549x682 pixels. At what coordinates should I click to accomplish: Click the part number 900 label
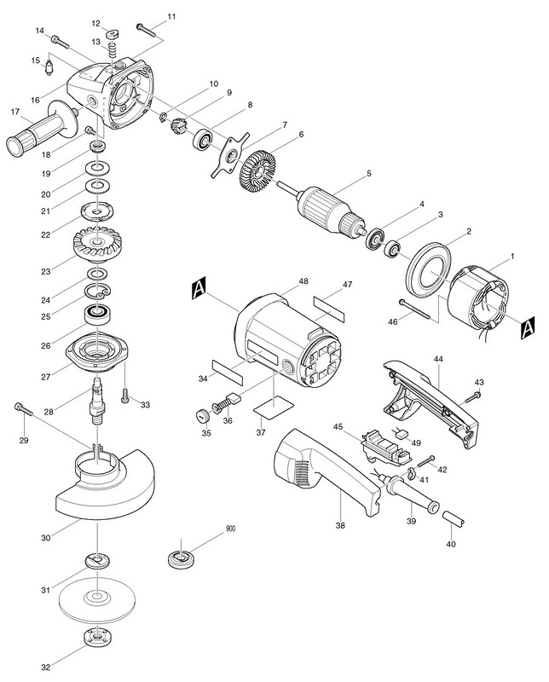point(229,529)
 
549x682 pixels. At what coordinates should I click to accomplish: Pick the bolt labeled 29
point(23,411)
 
